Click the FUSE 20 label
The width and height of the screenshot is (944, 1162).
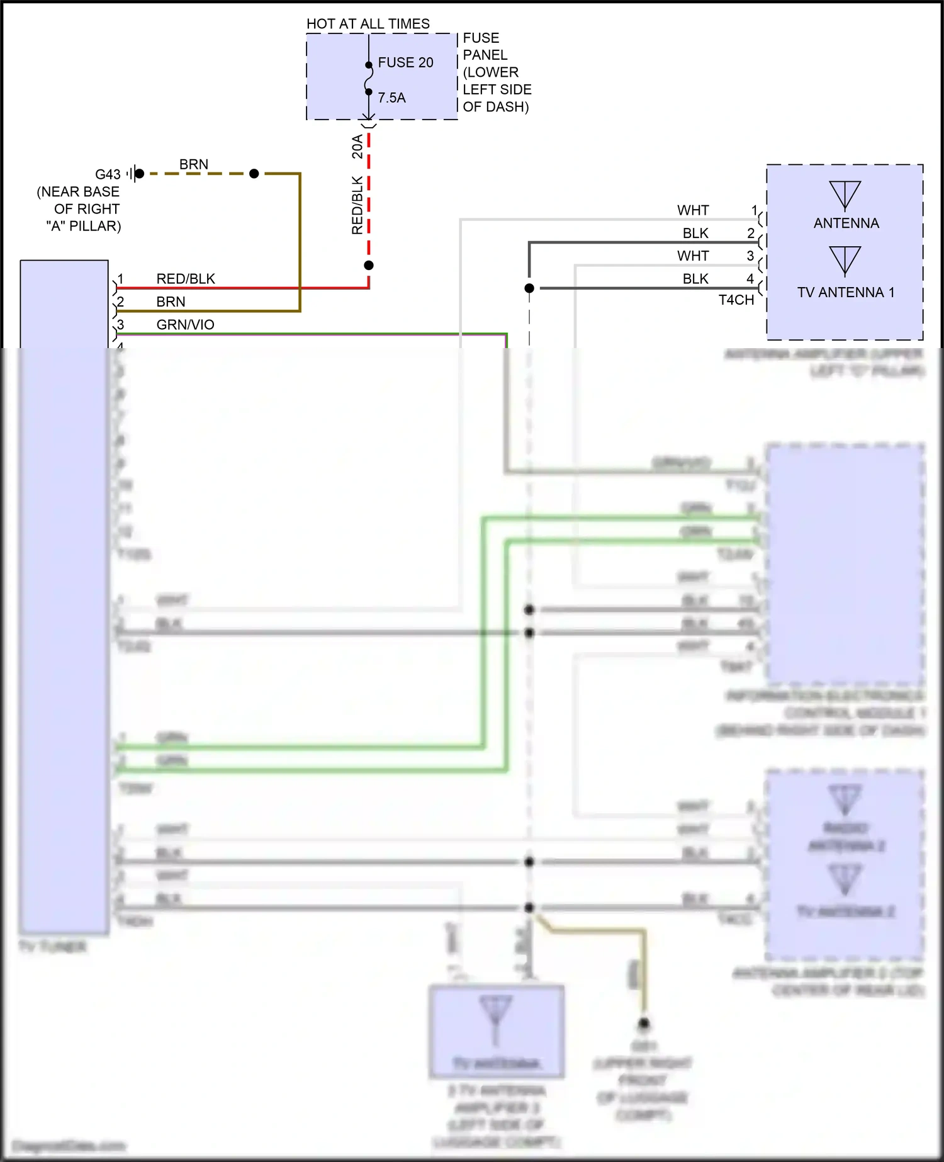(x=405, y=62)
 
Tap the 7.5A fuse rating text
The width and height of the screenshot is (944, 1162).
(x=391, y=98)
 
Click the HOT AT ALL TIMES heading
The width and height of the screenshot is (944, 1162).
(x=368, y=24)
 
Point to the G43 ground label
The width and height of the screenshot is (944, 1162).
(x=108, y=174)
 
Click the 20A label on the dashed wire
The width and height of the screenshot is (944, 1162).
(x=357, y=146)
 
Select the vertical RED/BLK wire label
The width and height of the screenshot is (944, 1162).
(x=357, y=205)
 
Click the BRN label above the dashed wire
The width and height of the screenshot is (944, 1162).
(x=193, y=164)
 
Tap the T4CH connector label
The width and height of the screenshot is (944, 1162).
(x=736, y=300)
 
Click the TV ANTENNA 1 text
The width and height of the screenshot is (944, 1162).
(x=845, y=292)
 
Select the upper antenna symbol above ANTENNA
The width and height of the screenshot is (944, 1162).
(x=845, y=195)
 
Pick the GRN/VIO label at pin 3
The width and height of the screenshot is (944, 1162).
(x=185, y=325)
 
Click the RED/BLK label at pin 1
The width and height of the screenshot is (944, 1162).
(x=186, y=279)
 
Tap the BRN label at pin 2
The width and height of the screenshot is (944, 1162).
(x=171, y=302)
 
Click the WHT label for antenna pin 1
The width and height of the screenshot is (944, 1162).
(x=693, y=210)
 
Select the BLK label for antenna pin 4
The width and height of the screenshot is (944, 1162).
(x=695, y=279)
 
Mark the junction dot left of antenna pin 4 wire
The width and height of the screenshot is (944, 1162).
(x=529, y=288)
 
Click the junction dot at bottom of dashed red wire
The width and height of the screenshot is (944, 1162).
(x=369, y=265)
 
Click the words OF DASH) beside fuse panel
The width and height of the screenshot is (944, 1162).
(x=495, y=107)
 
